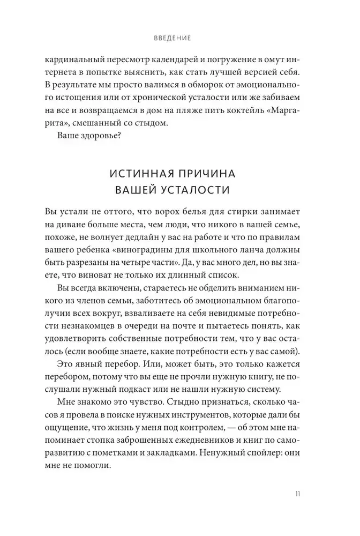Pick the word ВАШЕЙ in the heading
tap(136, 190)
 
